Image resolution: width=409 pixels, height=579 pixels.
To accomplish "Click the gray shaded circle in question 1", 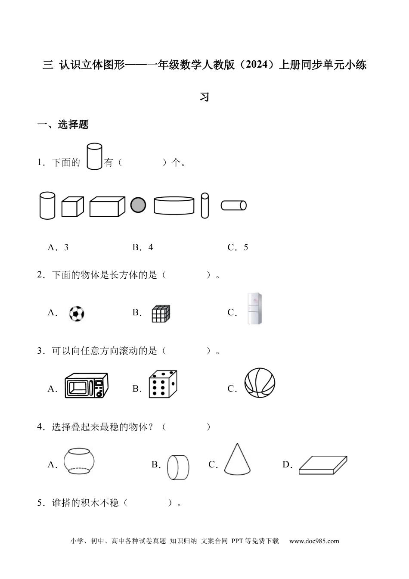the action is [x=138, y=205].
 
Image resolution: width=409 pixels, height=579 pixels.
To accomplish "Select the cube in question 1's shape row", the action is [x=73, y=206].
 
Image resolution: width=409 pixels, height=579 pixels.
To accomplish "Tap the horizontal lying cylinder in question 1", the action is [x=234, y=205].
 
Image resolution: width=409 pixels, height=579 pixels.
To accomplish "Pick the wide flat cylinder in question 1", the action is [x=174, y=205].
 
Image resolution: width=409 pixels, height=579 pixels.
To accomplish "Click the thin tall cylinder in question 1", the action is [x=204, y=206].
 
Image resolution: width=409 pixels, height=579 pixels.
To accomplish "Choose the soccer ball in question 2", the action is [x=77, y=314].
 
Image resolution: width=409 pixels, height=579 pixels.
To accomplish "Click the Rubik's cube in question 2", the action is [x=161, y=314].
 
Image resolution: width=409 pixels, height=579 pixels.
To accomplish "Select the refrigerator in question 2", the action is [x=254, y=308].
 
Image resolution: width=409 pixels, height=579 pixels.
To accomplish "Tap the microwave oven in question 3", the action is [x=86, y=386].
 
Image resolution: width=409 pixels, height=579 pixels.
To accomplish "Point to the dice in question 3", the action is [x=163, y=384].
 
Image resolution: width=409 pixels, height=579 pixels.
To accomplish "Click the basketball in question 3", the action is [x=260, y=383].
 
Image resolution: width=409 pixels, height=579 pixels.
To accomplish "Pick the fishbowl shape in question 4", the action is [x=79, y=461].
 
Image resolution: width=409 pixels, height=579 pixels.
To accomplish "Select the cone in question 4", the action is [x=237, y=459].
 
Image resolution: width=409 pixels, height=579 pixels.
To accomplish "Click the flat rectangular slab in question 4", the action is [x=323, y=465].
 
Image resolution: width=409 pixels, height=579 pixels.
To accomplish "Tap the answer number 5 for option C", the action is [x=246, y=247].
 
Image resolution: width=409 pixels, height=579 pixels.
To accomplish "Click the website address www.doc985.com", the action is [x=314, y=541].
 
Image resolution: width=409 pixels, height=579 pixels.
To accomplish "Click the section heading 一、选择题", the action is [x=63, y=125].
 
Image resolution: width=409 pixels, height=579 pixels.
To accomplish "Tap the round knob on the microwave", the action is [x=99, y=394].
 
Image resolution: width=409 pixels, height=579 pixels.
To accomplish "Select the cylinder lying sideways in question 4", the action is [x=178, y=467].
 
